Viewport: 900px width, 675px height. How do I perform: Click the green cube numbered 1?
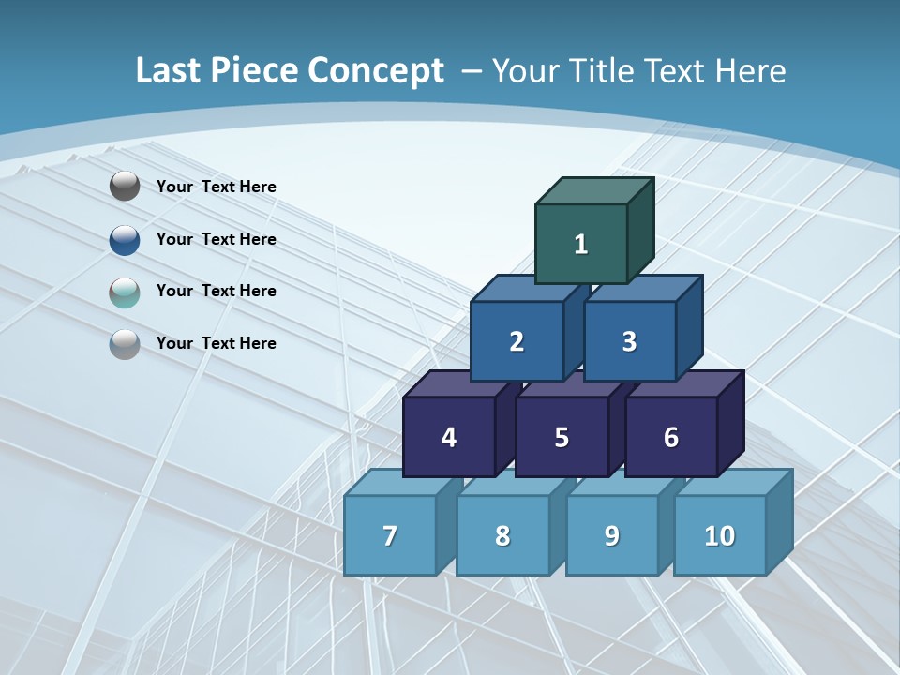tap(581, 244)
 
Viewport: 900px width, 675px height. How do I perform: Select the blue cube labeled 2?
tap(517, 341)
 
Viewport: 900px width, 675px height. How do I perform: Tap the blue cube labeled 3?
tap(629, 341)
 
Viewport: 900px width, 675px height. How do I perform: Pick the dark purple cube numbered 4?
tap(449, 437)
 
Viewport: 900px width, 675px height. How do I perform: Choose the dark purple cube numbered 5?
tap(562, 437)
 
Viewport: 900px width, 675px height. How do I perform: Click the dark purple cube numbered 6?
tap(671, 437)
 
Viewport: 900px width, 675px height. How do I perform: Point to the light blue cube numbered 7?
tap(390, 535)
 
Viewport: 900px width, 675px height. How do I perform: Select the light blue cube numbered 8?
tap(502, 535)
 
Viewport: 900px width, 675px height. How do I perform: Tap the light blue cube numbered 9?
tap(612, 535)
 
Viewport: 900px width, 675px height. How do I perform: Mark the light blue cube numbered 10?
tap(720, 535)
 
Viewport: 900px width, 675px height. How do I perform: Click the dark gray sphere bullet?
tap(125, 187)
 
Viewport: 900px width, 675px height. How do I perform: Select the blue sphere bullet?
tap(125, 240)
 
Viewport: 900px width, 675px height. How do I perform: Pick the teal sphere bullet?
tap(125, 292)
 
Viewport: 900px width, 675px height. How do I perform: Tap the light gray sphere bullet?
tap(125, 344)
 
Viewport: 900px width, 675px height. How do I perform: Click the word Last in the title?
tap(167, 71)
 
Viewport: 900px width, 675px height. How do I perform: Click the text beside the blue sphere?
tap(217, 239)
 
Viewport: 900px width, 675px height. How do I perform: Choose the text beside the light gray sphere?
tap(217, 343)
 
